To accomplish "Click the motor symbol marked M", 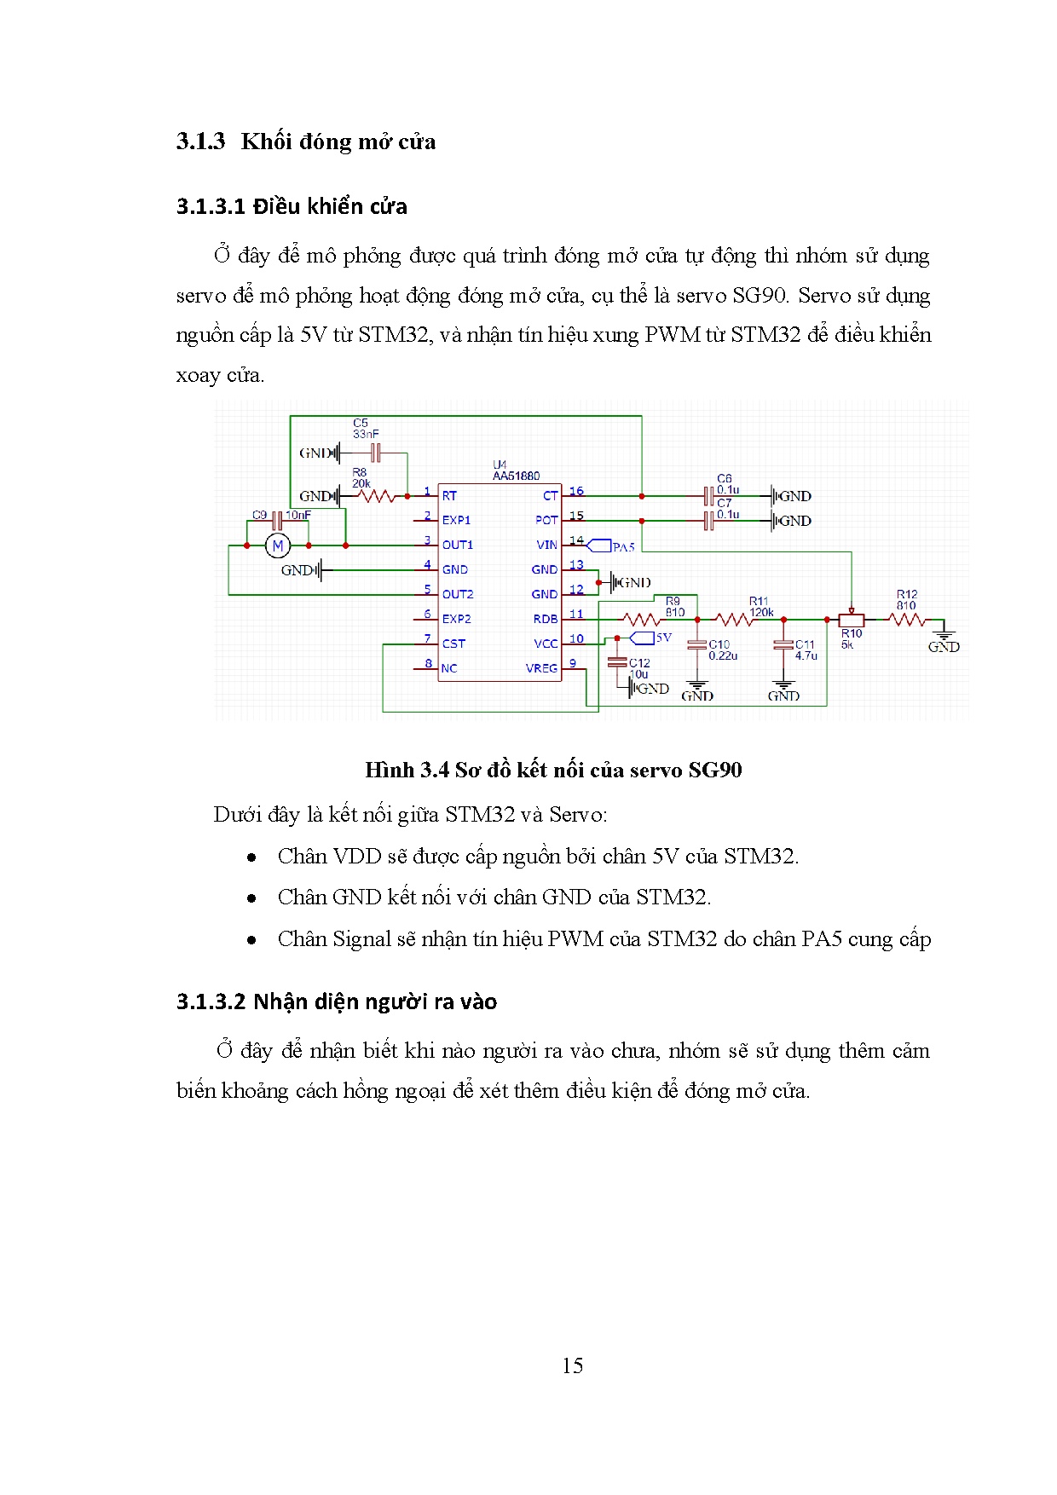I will coord(277,545).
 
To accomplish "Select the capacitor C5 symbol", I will coord(374,453).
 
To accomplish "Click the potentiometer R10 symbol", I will coord(851,620).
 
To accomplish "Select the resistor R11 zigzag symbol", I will coord(734,620).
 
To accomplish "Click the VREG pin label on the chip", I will coord(541,668).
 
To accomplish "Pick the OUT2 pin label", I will coord(458,594).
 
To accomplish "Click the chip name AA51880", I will coord(516,476).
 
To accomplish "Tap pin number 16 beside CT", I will coord(576,491).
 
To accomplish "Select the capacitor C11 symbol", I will coord(783,645).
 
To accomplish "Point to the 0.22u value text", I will coord(723,655).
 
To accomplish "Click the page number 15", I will coord(572,1365).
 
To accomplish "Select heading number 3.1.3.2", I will coord(211,1001).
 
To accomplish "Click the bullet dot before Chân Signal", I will coord(251,940).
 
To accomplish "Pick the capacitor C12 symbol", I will coord(617,662).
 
